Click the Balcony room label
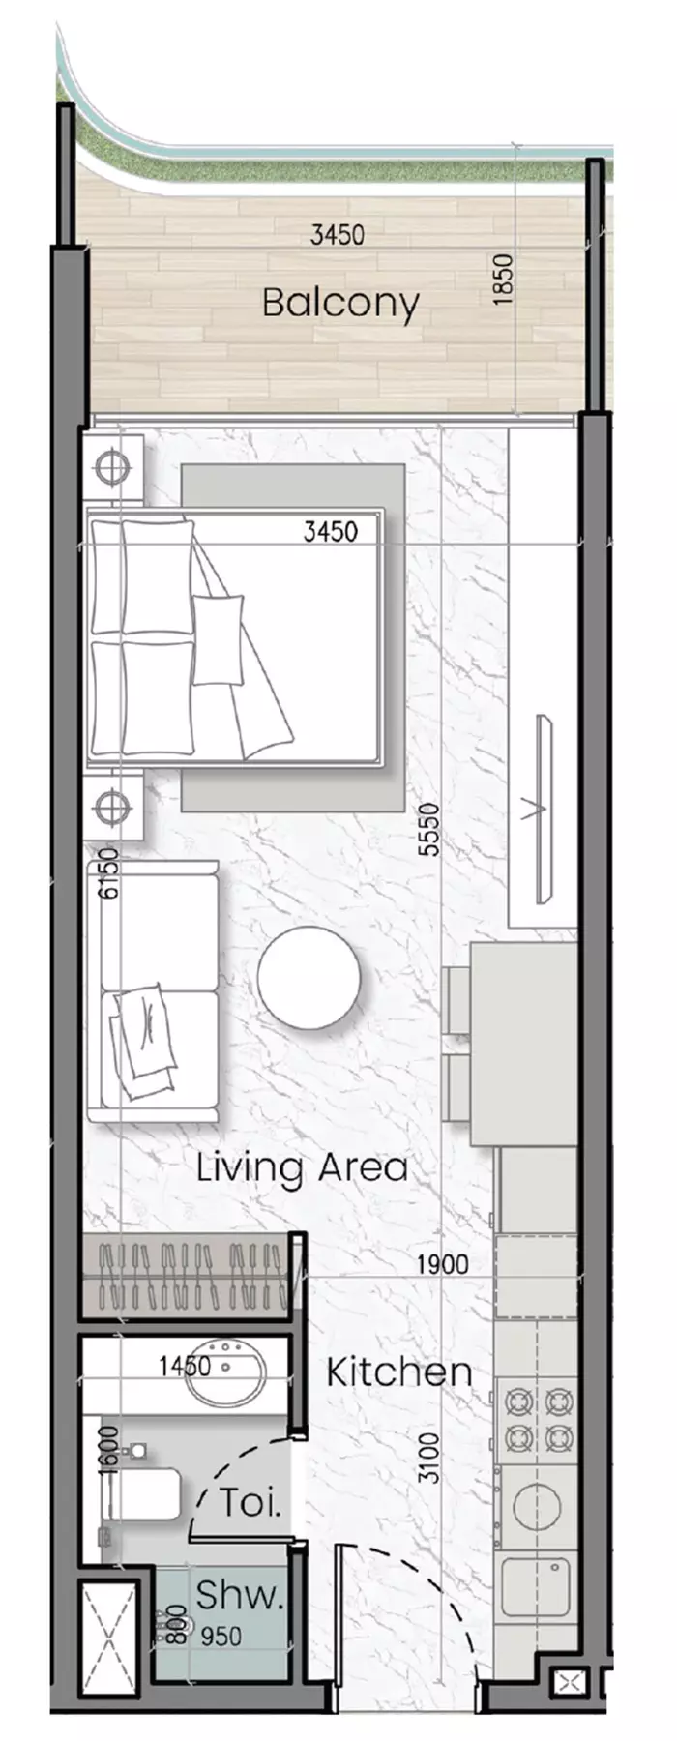tap(340, 304)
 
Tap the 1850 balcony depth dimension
tap(502, 280)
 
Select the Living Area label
tap(302, 1167)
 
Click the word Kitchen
tap(399, 1372)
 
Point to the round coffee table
tap(309, 977)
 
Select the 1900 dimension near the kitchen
tap(443, 1263)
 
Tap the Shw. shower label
tap(239, 1595)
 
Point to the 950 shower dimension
tap(221, 1637)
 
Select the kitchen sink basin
tap(535, 1585)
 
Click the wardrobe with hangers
tap(191, 1277)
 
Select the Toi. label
tap(250, 1503)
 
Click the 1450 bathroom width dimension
tap(186, 1366)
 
